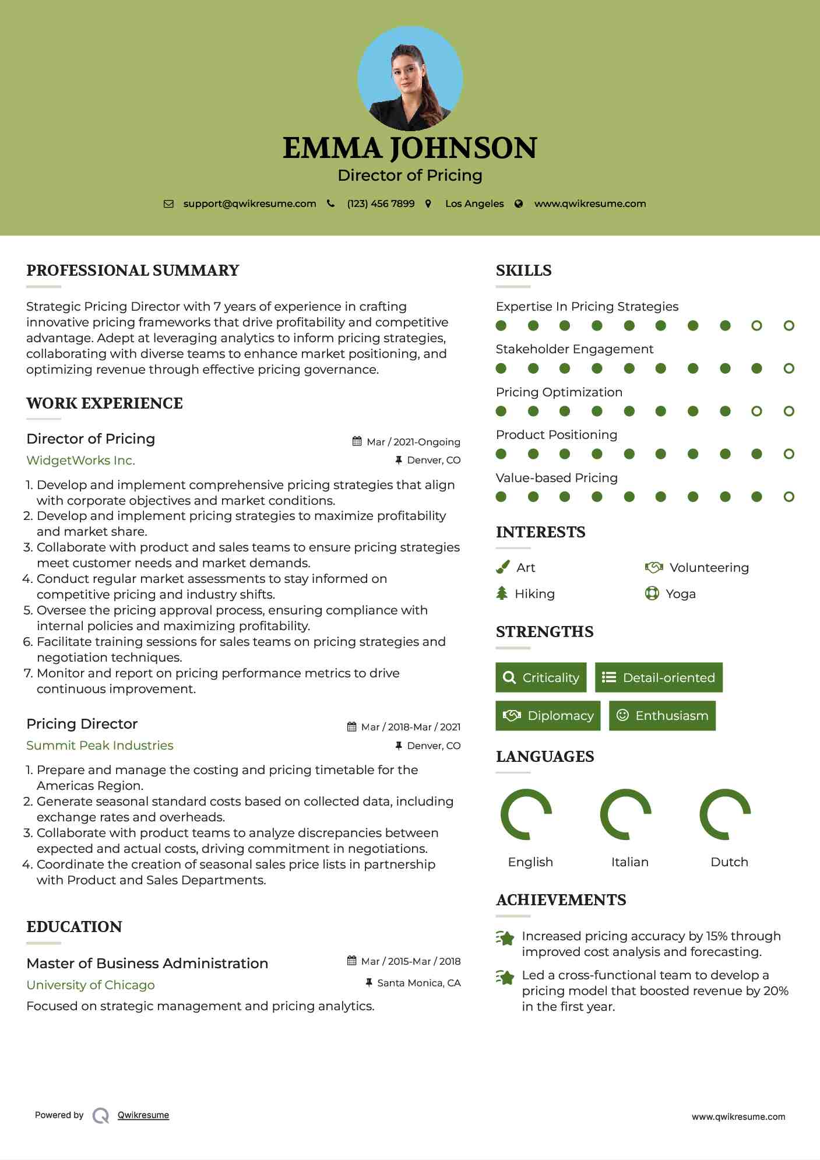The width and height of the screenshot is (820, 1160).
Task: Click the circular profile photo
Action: [410, 79]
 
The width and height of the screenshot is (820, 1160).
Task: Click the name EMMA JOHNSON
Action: [410, 148]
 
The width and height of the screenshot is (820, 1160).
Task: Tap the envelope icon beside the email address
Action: [168, 204]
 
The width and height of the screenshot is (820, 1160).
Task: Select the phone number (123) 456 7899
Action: [381, 204]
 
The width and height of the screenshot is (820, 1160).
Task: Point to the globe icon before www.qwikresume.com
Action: [519, 204]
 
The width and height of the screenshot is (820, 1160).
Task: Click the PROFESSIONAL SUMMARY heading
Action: [133, 270]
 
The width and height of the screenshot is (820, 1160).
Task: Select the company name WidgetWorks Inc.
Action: [80, 461]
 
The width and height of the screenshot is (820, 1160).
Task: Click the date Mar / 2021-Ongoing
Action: [413, 442]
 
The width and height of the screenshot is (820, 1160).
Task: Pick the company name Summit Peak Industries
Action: [100, 746]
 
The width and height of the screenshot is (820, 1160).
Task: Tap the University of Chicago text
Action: [90, 985]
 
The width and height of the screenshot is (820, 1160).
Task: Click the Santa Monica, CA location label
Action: [418, 983]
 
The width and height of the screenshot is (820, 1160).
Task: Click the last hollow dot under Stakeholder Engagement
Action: [789, 368]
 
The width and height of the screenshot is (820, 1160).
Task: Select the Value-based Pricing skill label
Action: [557, 478]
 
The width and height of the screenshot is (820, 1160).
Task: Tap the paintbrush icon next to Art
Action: [502, 568]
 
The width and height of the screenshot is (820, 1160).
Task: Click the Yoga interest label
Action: [681, 594]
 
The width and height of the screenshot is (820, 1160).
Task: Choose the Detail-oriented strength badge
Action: [659, 677]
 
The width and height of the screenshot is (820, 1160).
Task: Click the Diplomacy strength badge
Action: [547, 716]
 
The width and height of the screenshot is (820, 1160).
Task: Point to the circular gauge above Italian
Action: [626, 814]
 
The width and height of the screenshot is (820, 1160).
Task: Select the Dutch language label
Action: [729, 862]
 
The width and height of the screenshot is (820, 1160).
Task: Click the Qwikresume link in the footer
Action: [143, 1115]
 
